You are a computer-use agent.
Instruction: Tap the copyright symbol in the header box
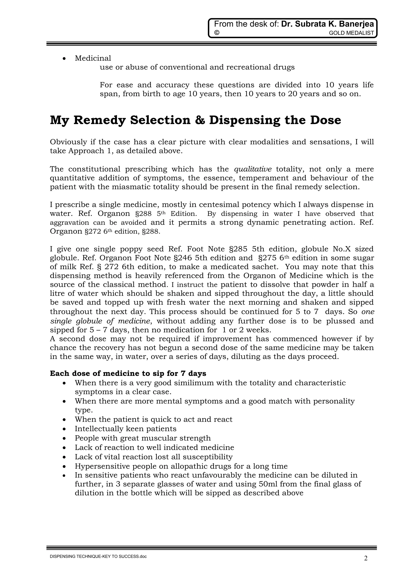pyautogui.click(x=216, y=33)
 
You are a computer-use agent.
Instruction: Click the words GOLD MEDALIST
pyautogui.click(x=351, y=33)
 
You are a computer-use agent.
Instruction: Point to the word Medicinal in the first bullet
pyautogui.click(x=93, y=58)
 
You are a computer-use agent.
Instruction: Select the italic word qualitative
pyautogui.click(x=253, y=169)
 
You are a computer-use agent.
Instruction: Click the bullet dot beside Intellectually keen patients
pyautogui.click(x=65, y=429)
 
